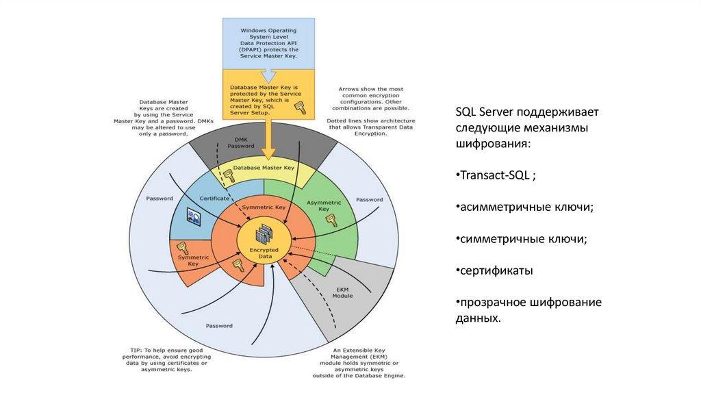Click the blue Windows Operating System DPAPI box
click(x=268, y=42)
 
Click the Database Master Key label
click(x=264, y=167)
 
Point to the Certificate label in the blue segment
click(x=214, y=198)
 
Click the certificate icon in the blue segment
click(x=194, y=218)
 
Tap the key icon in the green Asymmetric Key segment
click(x=331, y=220)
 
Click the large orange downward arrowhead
click(x=269, y=152)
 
